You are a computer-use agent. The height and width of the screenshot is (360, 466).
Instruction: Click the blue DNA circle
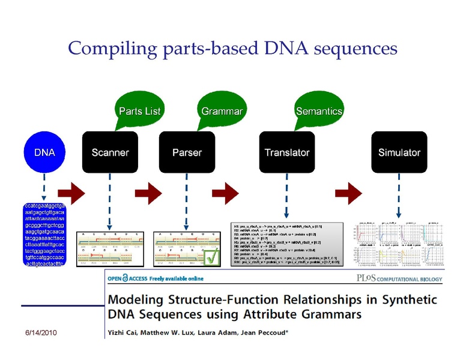coord(44,152)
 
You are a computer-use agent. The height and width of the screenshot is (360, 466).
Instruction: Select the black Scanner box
coord(110,152)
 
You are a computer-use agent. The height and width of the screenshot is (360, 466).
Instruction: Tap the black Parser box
coord(187,152)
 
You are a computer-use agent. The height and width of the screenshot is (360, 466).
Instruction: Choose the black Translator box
coord(287,152)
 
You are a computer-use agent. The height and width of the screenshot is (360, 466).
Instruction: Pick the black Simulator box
coord(399,152)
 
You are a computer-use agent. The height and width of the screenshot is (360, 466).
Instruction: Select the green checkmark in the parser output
coord(211,257)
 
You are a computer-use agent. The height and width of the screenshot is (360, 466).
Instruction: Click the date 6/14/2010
coord(40,333)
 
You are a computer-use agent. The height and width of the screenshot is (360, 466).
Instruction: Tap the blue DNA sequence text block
coord(44,236)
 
